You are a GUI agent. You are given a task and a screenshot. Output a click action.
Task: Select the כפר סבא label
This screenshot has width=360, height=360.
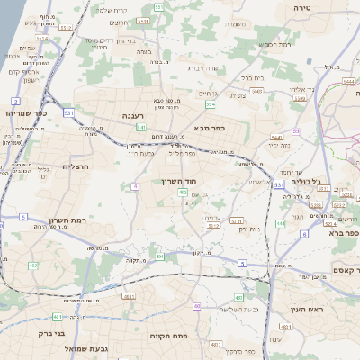pyautogui.click(x=208, y=128)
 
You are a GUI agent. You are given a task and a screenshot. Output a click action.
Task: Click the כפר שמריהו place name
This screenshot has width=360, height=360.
pyautogui.click(x=24, y=113)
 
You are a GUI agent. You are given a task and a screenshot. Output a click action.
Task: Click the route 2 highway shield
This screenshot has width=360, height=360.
pyautogui.click(x=15, y=102)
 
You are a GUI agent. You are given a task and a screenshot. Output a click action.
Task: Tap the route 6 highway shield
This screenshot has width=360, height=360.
pyautogui.click(x=304, y=234)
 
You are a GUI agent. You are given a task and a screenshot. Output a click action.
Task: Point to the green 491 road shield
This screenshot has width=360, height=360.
pyautogui.click(x=160, y=257)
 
